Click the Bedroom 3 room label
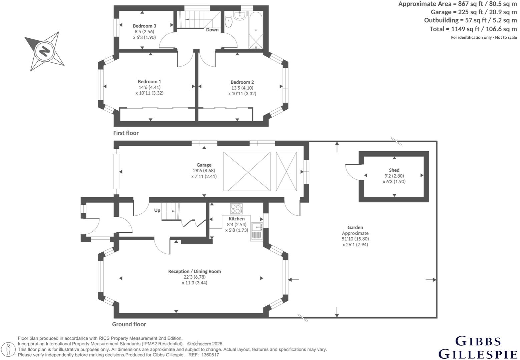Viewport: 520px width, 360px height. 144,26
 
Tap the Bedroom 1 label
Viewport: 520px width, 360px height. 149,82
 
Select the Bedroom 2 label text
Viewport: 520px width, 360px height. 242,82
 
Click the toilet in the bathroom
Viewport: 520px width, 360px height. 228,22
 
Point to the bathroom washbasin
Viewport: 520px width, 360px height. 240,15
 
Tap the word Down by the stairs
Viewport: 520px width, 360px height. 212,30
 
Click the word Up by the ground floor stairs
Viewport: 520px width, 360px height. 157,210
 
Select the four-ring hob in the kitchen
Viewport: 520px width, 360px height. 236,209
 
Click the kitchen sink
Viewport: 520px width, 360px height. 257,227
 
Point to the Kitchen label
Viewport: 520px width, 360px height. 236,219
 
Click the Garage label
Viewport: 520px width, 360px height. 204,165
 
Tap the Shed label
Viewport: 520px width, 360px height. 394,170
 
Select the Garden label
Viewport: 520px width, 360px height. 355,227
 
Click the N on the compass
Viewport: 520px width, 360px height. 44,52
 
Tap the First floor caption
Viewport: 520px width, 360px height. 126,133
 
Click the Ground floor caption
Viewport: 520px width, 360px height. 129,324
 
